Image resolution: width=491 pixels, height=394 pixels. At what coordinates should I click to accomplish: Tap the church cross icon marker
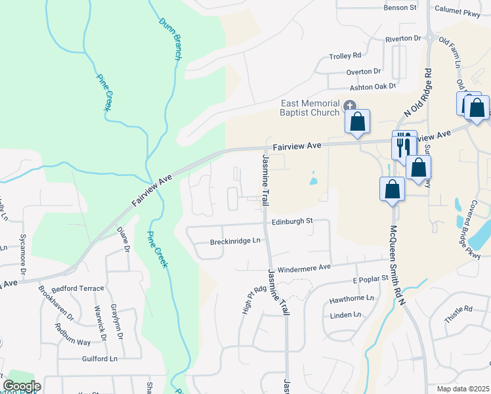click(350, 105)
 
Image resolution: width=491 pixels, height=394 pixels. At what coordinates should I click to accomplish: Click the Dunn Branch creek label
click(169, 39)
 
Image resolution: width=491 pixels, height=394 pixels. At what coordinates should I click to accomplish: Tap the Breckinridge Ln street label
click(235, 242)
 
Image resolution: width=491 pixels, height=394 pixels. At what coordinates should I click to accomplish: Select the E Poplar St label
click(371, 280)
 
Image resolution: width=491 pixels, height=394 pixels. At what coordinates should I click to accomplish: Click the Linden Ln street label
click(347, 315)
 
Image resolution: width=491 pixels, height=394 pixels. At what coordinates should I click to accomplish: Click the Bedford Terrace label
click(81, 288)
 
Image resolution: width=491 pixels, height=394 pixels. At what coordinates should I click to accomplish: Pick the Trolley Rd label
click(345, 56)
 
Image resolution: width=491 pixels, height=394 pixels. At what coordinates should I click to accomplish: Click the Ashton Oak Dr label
click(372, 86)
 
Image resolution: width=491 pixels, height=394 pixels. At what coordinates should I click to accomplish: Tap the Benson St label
click(400, 8)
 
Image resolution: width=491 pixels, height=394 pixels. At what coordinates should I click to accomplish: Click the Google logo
click(22, 386)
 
